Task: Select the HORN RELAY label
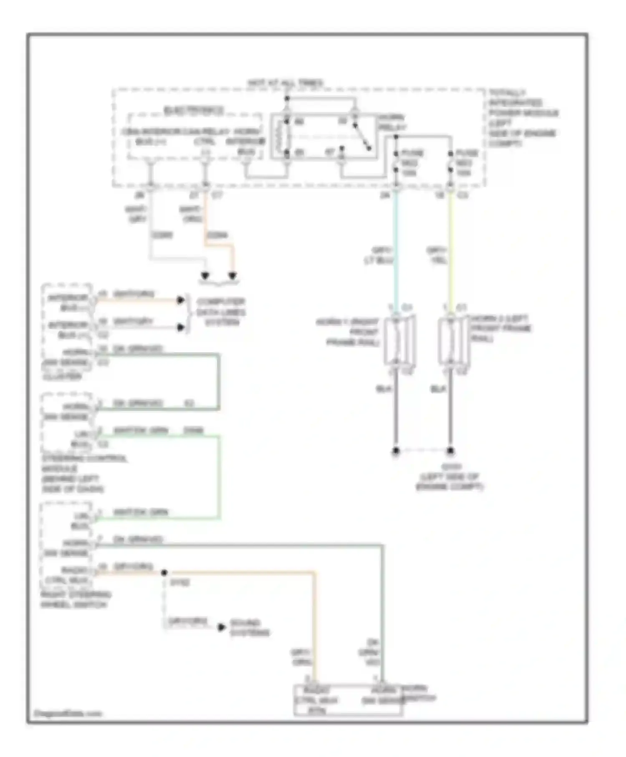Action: tap(391, 122)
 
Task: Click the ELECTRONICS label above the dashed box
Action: tap(193, 111)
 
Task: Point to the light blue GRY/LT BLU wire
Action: tap(396, 250)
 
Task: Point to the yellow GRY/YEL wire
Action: tap(450, 250)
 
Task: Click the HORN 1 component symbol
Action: tap(399, 340)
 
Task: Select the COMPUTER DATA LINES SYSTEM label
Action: tap(221, 312)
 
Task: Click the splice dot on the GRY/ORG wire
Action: tap(164, 573)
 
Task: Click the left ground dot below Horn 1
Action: tap(396, 451)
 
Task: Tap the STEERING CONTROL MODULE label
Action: tap(83, 473)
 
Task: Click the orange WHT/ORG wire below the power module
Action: tap(206, 221)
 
